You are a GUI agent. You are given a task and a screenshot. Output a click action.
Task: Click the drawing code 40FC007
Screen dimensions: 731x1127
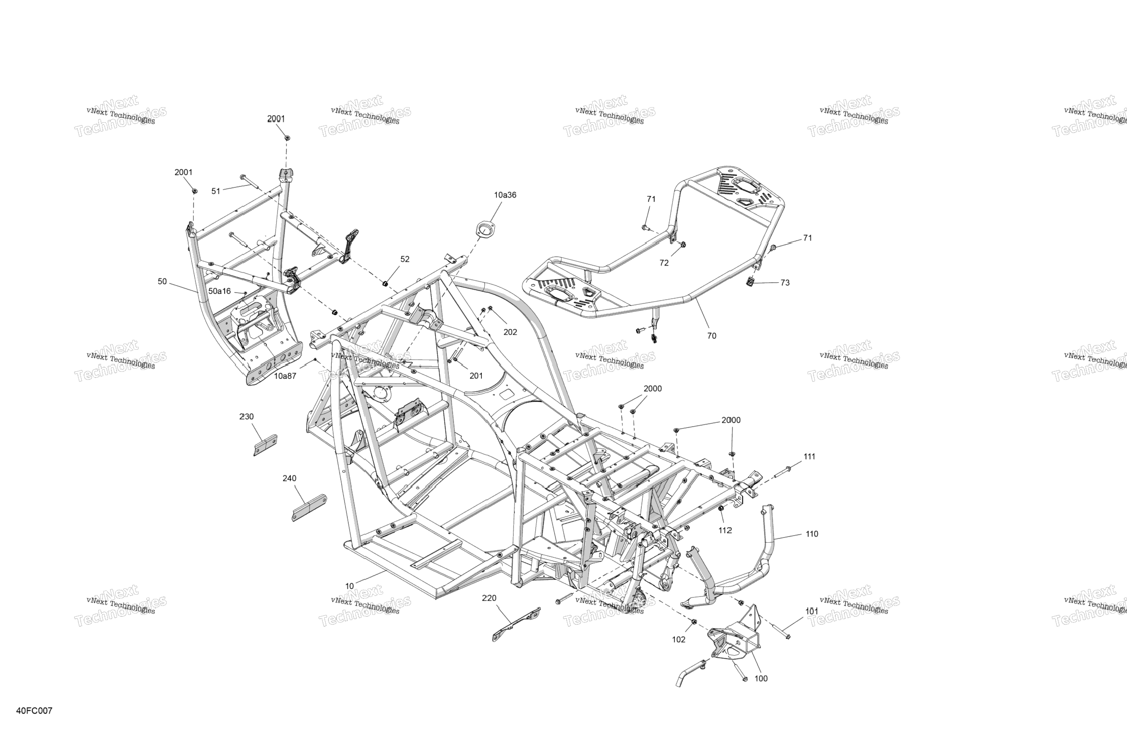34,711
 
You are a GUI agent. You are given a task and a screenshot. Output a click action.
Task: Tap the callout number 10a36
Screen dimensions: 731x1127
505,195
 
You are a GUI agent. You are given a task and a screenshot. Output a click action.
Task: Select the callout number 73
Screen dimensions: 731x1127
785,283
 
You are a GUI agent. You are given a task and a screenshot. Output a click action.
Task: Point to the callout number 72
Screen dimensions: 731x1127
664,263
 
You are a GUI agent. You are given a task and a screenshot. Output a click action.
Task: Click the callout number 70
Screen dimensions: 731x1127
711,336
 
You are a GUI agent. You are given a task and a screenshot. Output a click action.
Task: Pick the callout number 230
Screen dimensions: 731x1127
246,417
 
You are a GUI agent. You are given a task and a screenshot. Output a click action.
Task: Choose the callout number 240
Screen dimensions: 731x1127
289,478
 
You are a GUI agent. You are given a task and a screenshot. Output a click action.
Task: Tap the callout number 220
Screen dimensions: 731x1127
489,598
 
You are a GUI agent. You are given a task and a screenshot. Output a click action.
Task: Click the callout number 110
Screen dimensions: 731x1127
812,534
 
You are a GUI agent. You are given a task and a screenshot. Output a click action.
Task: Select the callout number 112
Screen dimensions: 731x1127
725,530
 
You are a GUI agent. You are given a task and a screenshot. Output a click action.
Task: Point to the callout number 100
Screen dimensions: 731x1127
760,679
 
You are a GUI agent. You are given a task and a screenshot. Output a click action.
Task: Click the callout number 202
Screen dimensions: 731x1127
510,332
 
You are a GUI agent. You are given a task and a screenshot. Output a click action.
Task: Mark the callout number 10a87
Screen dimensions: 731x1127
285,376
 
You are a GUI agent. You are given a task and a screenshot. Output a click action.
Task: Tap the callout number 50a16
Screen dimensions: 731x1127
219,291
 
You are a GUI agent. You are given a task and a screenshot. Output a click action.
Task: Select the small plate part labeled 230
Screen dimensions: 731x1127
265,445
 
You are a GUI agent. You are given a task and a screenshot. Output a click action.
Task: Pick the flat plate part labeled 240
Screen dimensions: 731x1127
309,507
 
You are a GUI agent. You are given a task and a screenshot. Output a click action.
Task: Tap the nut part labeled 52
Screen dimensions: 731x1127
385,284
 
